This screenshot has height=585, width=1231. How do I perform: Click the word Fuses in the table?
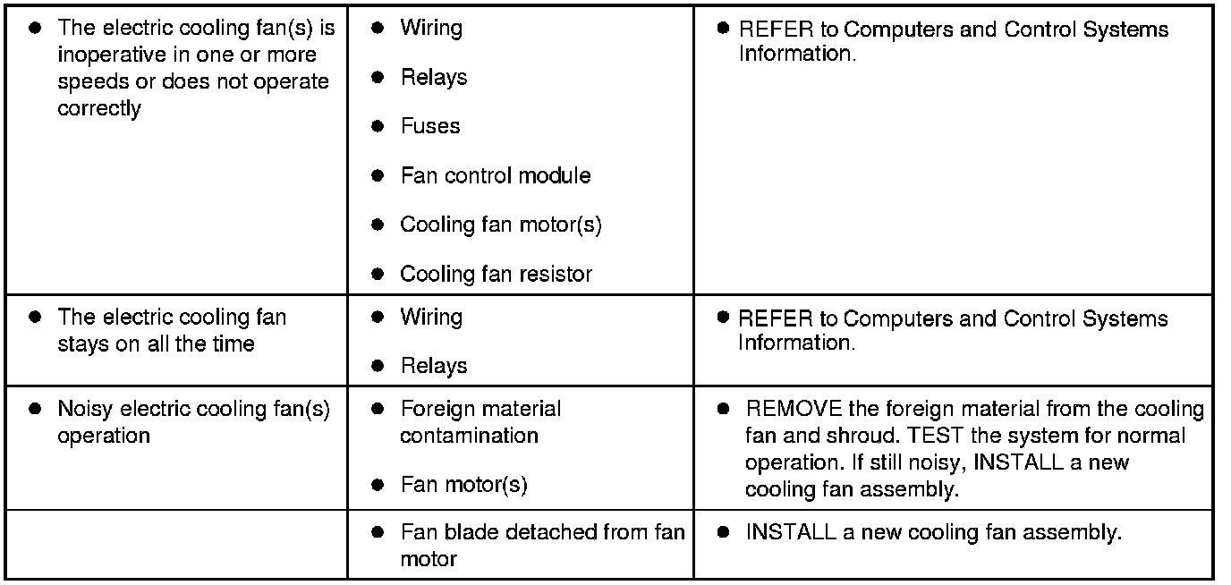point(430,127)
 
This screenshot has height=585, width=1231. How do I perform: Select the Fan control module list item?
point(495,176)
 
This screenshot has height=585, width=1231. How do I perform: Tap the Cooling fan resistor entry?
point(496,275)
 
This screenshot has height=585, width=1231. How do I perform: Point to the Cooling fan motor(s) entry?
point(500,225)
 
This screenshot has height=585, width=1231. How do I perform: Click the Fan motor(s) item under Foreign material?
point(463,486)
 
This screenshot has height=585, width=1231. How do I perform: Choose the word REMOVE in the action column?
point(794,410)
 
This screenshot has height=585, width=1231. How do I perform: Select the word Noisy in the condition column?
point(86,410)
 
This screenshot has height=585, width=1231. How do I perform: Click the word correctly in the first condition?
point(99,109)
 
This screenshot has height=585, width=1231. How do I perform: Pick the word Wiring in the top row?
point(431,28)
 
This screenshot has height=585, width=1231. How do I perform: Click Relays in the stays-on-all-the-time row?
point(434,367)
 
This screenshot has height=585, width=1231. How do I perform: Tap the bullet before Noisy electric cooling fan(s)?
point(35,410)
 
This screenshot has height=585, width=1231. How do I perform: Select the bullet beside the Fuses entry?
point(378,127)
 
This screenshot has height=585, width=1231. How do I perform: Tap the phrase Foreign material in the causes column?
point(480,410)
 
